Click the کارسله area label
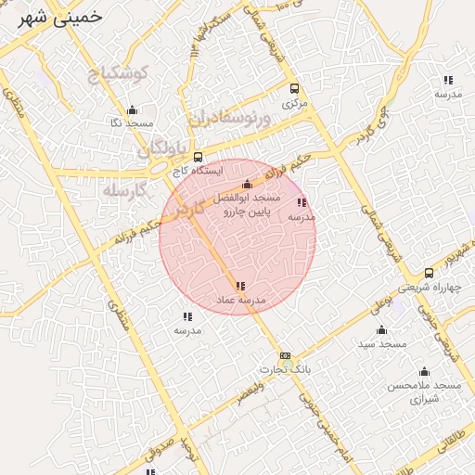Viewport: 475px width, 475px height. point(125,191)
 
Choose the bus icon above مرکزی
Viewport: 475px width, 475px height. point(294,89)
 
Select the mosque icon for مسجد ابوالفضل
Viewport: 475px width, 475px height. point(247,185)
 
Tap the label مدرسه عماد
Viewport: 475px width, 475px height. point(241,301)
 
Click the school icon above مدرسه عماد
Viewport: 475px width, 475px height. point(241,287)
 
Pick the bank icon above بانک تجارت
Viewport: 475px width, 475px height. point(285,355)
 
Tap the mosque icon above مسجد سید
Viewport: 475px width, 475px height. point(380,330)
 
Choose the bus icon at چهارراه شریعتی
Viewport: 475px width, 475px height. point(429,273)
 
